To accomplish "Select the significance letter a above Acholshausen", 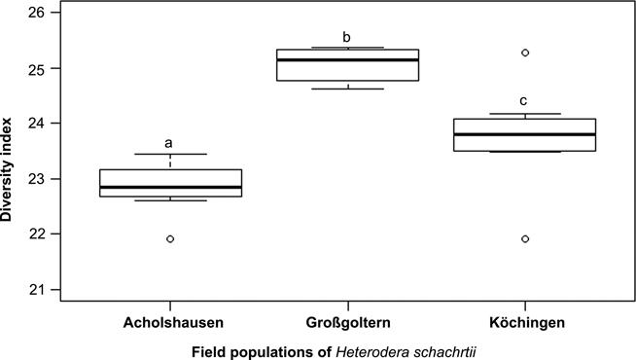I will tap(169, 143).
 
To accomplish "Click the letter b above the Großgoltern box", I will tap(347, 37).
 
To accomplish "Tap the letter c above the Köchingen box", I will tap(525, 100).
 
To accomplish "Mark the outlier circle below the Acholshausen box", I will tap(170, 238).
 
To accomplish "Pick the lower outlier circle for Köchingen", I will tap(525, 238).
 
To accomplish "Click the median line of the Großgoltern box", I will tap(347, 60).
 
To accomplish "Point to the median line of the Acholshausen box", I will tap(169, 187).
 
